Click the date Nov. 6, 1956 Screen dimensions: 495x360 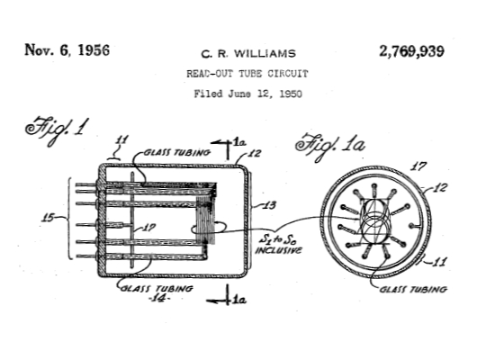point(67,50)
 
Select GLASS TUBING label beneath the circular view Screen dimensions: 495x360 point(415,290)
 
